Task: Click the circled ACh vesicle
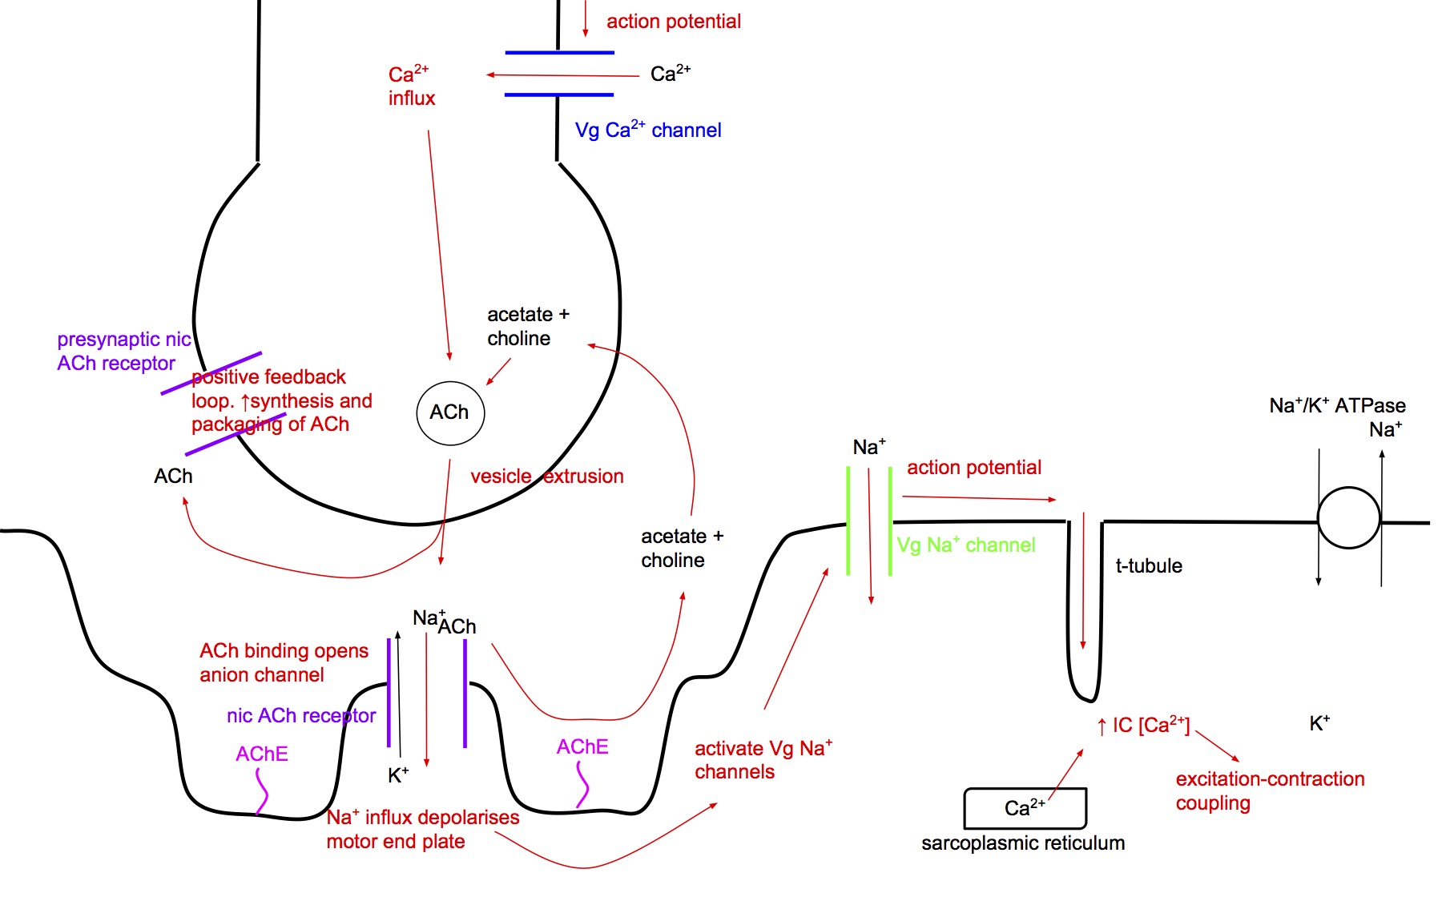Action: tap(450, 412)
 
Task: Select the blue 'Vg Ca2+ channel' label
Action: tap(647, 130)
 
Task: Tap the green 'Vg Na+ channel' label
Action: tap(965, 545)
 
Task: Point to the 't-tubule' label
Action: tap(1149, 566)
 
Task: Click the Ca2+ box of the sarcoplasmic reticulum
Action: tap(1025, 808)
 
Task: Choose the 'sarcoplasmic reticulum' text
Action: tap(1023, 843)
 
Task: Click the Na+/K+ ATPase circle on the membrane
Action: tap(1349, 518)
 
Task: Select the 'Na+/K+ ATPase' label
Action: tap(1337, 406)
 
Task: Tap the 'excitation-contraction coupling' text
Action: tap(1269, 790)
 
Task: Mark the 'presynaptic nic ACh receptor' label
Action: tap(123, 352)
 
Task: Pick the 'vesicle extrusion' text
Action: tap(546, 477)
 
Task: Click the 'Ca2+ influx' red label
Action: tap(411, 86)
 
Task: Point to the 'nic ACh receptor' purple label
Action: tap(300, 716)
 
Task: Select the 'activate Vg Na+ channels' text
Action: tap(763, 760)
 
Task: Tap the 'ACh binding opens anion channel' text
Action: tap(284, 663)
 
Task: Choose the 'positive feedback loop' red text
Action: tap(281, 400)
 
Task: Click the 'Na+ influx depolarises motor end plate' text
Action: tap(422, 829)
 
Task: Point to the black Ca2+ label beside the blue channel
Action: tap(670, 74)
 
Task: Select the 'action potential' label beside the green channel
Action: tap(973, 468)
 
